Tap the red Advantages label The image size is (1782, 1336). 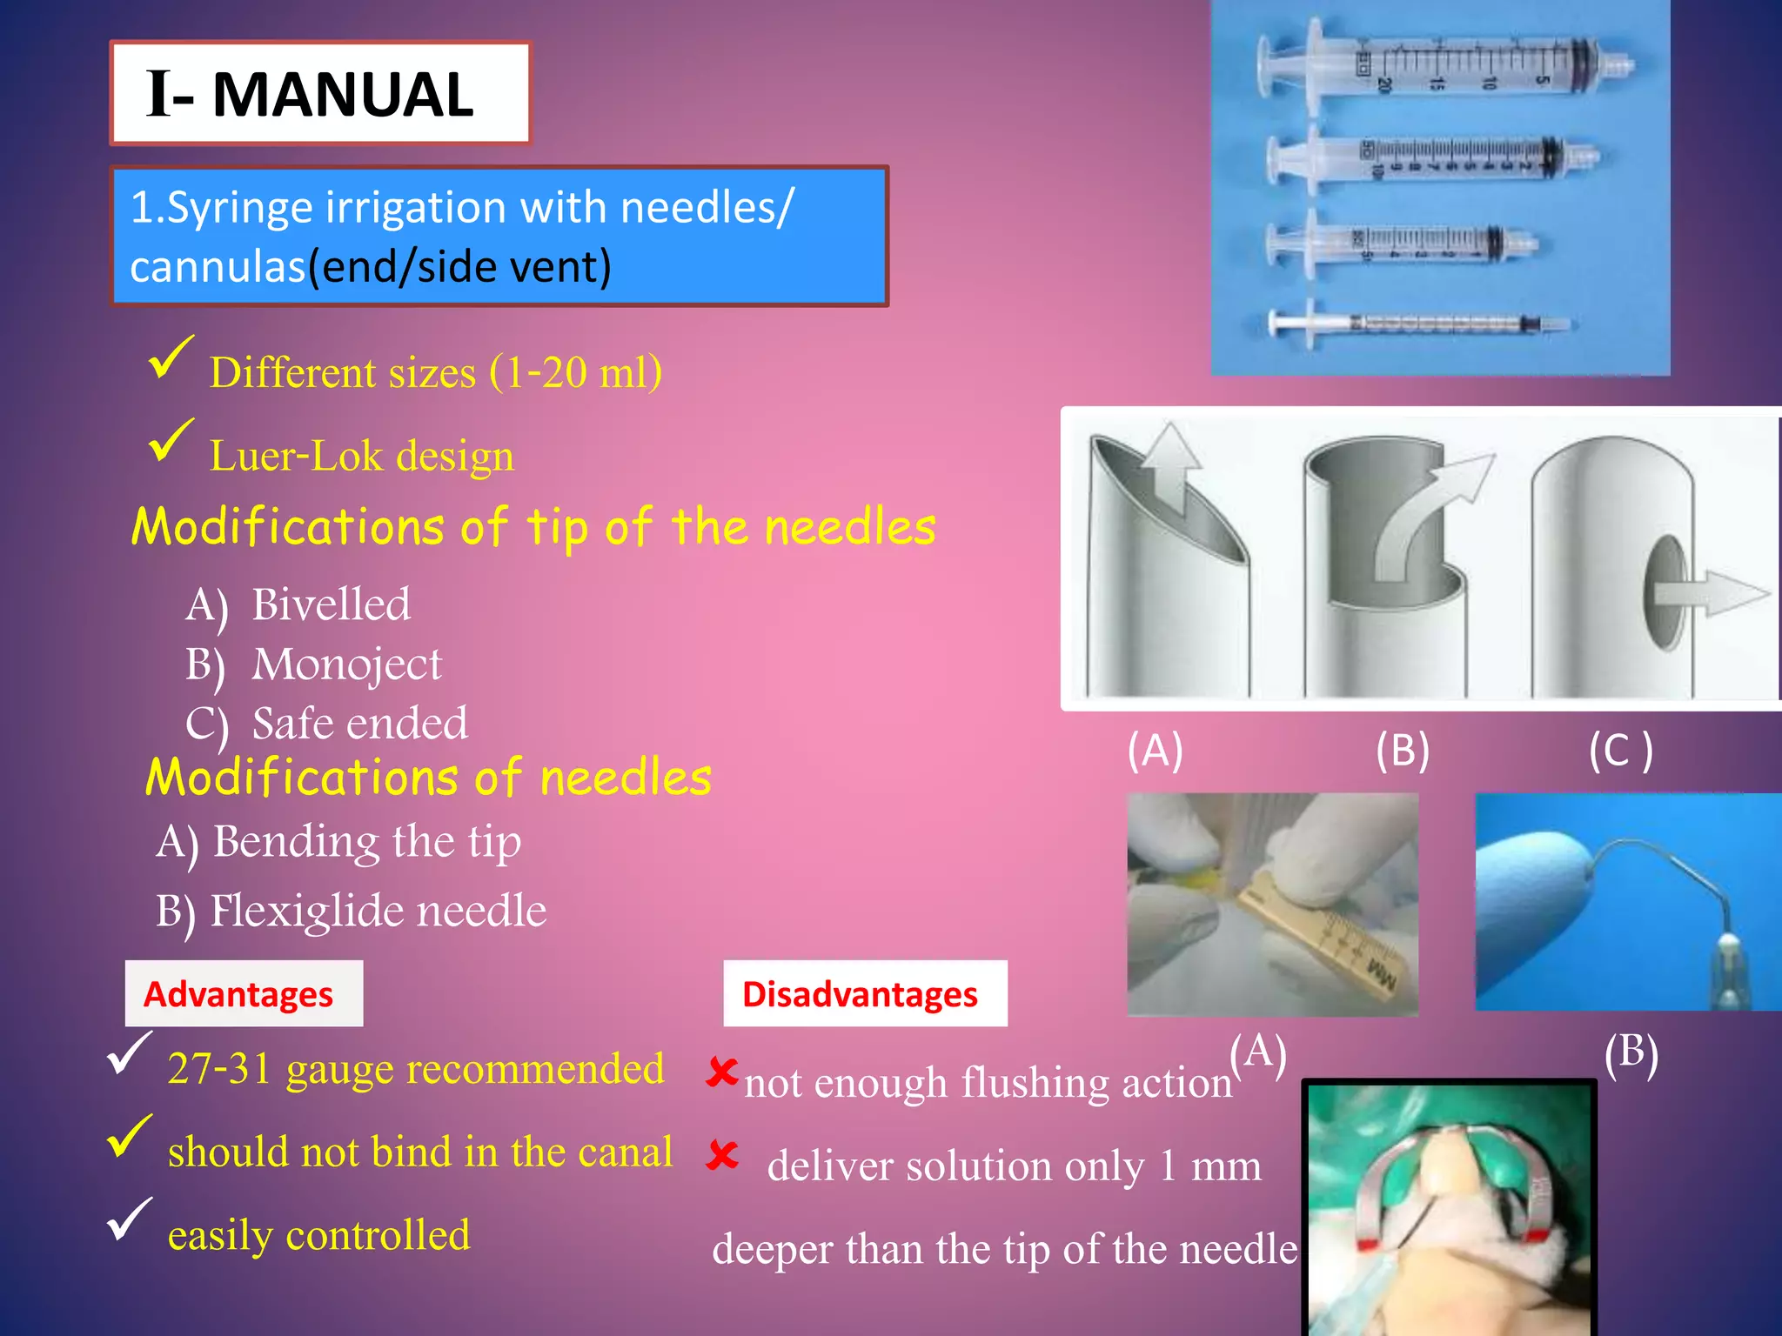(x=238, y=994)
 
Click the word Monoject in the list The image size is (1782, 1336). (x=346, y=665)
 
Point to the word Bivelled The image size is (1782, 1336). (x=331, y=605)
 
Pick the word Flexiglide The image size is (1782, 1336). (x=305, y=912)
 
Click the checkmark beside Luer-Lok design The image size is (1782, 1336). (x=171, y=441)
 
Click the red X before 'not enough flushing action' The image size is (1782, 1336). (x=722, y=1072)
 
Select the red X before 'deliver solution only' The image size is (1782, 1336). (x=722, y=1156)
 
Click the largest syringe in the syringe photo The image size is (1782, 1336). (x=1444, y=66)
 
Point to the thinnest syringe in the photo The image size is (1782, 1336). (x=1418, y=324)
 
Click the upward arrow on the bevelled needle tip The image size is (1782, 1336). (x=1169, y=465)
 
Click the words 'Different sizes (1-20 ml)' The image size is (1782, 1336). (x=435, y=372)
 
